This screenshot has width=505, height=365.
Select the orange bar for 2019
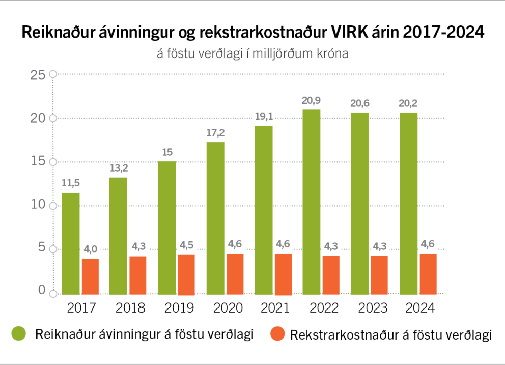coord(186,274)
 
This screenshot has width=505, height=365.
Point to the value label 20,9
coord(311,100)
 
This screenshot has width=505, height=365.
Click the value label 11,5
coord(70,183)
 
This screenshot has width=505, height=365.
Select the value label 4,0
coord(90,249)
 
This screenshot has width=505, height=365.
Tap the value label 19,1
coord(263,116)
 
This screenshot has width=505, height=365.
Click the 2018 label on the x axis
coord(130,308)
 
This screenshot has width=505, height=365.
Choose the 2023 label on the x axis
coord(373,308)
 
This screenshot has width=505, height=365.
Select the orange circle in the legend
coord(277,334)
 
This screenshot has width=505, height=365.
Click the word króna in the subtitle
coord(333,53)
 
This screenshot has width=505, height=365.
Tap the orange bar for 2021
coord(283,274)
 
